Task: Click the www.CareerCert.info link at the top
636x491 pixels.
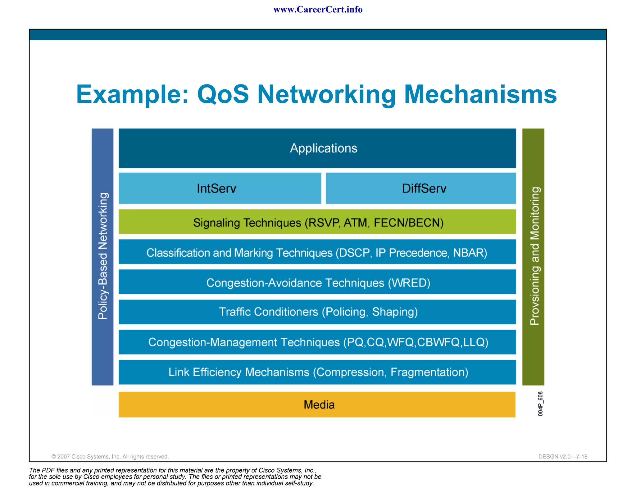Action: (318, 10)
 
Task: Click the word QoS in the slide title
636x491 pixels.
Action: (223, 94)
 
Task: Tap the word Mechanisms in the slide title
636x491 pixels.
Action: (480, 94)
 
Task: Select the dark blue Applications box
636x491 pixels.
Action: (317, 148)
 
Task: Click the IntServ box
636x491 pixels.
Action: (220, 188)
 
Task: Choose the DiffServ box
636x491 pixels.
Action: (421, 188)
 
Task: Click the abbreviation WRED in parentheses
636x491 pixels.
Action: (409, 283)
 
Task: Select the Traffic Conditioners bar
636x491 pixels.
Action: (317, 312)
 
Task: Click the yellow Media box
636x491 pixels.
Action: (317, 404)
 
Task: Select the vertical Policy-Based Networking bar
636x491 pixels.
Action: (102, 256)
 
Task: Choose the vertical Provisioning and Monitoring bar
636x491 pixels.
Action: (533, 256)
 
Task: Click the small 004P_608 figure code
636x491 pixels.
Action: (540, 403)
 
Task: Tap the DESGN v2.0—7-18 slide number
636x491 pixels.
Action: (563, 457)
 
